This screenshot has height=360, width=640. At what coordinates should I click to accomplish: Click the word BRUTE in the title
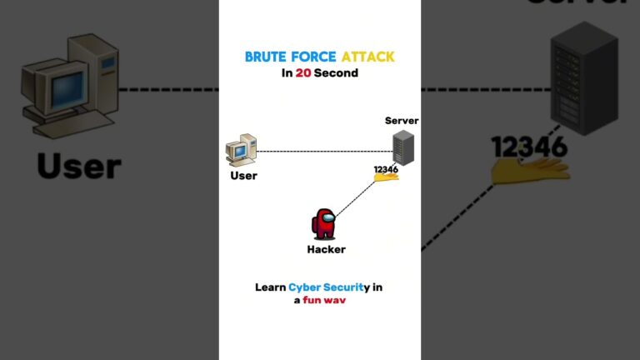pyautogui.click(x=264, y=57)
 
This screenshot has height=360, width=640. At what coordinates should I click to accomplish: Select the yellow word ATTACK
pyautogui.click(x=367, y=57)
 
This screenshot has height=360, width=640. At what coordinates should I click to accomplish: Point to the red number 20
pyautogui.click(x=303, y=72)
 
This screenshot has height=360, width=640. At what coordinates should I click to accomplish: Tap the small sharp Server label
pyautogui.click(x=402, y=121)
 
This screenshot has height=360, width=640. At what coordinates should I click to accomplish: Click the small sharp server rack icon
pyautogui.click(x=403, y=147)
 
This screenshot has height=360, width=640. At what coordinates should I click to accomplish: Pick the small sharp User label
pyautogui.click(x=243, y=176)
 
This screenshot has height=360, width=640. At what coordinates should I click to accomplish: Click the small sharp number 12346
pyautogui.click(x=386, y=169)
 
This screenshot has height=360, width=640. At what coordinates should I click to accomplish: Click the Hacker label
pyautogui.click(x=326, y=249)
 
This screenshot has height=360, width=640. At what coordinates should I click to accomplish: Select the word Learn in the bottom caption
pyautogui.click(x=271, y=287)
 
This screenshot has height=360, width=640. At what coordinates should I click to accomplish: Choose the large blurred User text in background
pyautogui.click(x=79, y=165)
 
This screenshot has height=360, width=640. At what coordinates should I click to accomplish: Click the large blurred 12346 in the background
pyautogui.click(x=529, y=147)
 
